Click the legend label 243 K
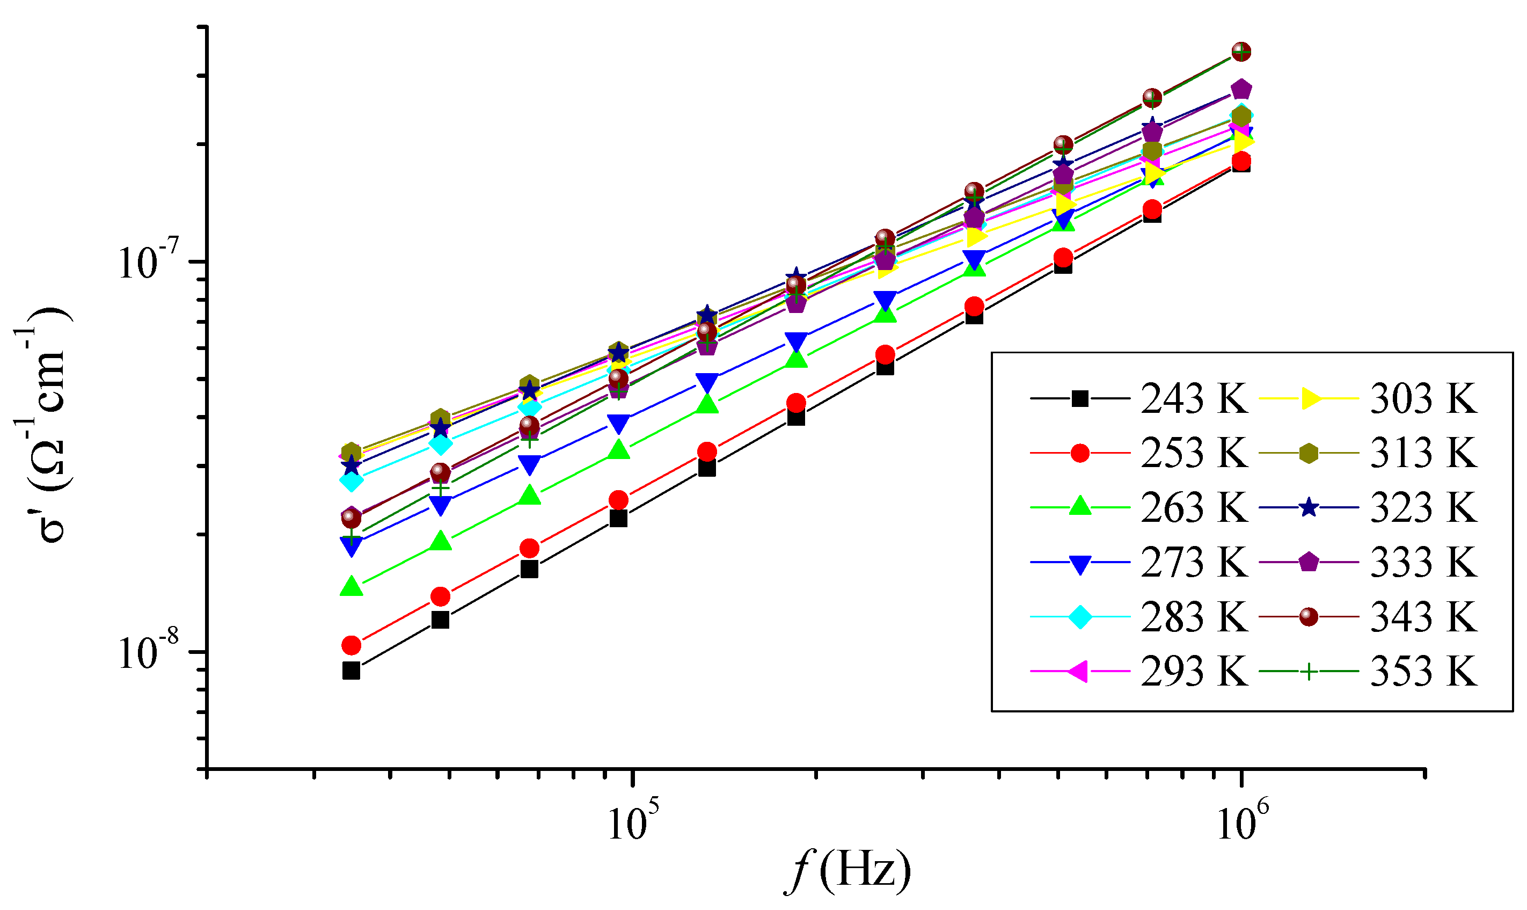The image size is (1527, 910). (1194, 399)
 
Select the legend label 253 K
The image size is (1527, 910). (1194, 453)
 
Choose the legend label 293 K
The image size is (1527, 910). (1194, 672)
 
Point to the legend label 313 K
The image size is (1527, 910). (1423, 453)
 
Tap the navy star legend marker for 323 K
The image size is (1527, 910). (1309, 508)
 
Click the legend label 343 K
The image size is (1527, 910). (1423, 617)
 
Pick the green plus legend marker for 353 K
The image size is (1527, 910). (1309, 672)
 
